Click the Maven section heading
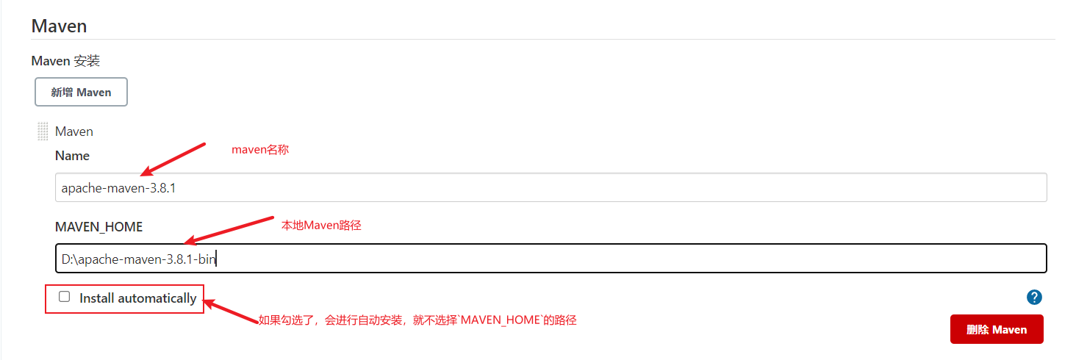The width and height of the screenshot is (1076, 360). tap(59, 26)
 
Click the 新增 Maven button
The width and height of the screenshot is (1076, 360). tap(81, 93)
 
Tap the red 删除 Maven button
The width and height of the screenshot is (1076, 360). tap(996, 330)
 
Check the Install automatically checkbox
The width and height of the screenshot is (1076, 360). tap(65, 297)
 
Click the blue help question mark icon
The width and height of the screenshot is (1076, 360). tap(1034, 298)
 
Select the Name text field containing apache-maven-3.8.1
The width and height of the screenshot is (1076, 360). tap(550, 188)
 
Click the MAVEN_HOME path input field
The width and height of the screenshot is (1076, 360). tap(550, 259)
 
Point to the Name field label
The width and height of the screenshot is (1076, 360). tap(72, 156)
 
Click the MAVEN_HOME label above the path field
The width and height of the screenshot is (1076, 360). tap(98, 227)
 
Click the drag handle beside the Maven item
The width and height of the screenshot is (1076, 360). tap(43, 132)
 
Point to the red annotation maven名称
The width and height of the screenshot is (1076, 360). tap(260, 149)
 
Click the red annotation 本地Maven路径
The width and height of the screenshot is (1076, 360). tap(321, 226)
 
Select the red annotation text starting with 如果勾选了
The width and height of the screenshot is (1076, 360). tap(417, 320)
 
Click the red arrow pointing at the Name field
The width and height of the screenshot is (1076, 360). tap(173, 159)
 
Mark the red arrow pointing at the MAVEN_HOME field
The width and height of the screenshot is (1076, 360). tap(228, 230)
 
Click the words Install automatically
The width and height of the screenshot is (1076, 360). tap(137, 298)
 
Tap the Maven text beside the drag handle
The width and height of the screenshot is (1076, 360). tap(74, 132)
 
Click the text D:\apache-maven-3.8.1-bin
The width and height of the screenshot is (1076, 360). tap(138, 259)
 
